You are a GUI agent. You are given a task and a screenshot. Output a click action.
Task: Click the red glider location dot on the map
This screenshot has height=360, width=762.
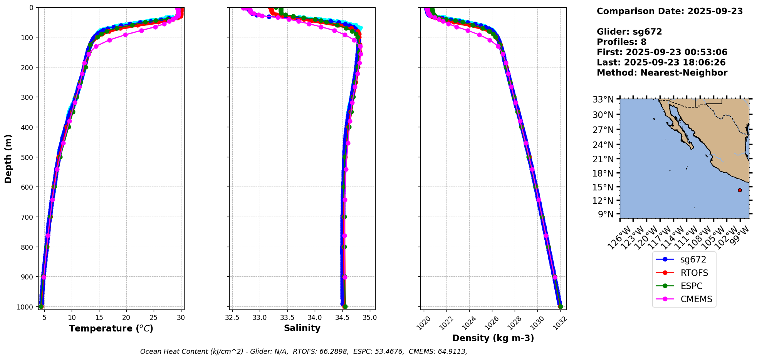(740, 190)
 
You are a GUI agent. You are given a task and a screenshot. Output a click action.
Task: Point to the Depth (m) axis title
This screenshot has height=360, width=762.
(8, 158)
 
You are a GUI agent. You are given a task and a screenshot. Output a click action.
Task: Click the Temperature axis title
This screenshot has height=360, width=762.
(111, 328)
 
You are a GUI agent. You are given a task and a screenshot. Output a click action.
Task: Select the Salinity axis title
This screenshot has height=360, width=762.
(302, 328)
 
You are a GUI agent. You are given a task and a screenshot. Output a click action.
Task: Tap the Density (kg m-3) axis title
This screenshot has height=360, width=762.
(493, 338)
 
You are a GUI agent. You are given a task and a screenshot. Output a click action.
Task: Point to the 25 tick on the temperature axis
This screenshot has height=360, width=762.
(154, 318)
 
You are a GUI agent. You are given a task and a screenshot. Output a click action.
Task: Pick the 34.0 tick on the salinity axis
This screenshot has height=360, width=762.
(315, 318)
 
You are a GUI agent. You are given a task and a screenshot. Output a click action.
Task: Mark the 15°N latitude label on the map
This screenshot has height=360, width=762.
(603, 187)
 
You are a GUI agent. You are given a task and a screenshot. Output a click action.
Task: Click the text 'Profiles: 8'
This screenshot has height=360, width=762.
(621, 42)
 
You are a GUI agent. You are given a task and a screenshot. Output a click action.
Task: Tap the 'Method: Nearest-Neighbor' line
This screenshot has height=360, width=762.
(662, 73)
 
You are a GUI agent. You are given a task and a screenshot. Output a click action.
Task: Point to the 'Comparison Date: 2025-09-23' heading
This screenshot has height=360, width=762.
(670, 11)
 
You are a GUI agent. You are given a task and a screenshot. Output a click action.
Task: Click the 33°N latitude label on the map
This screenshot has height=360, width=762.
(603, 99)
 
